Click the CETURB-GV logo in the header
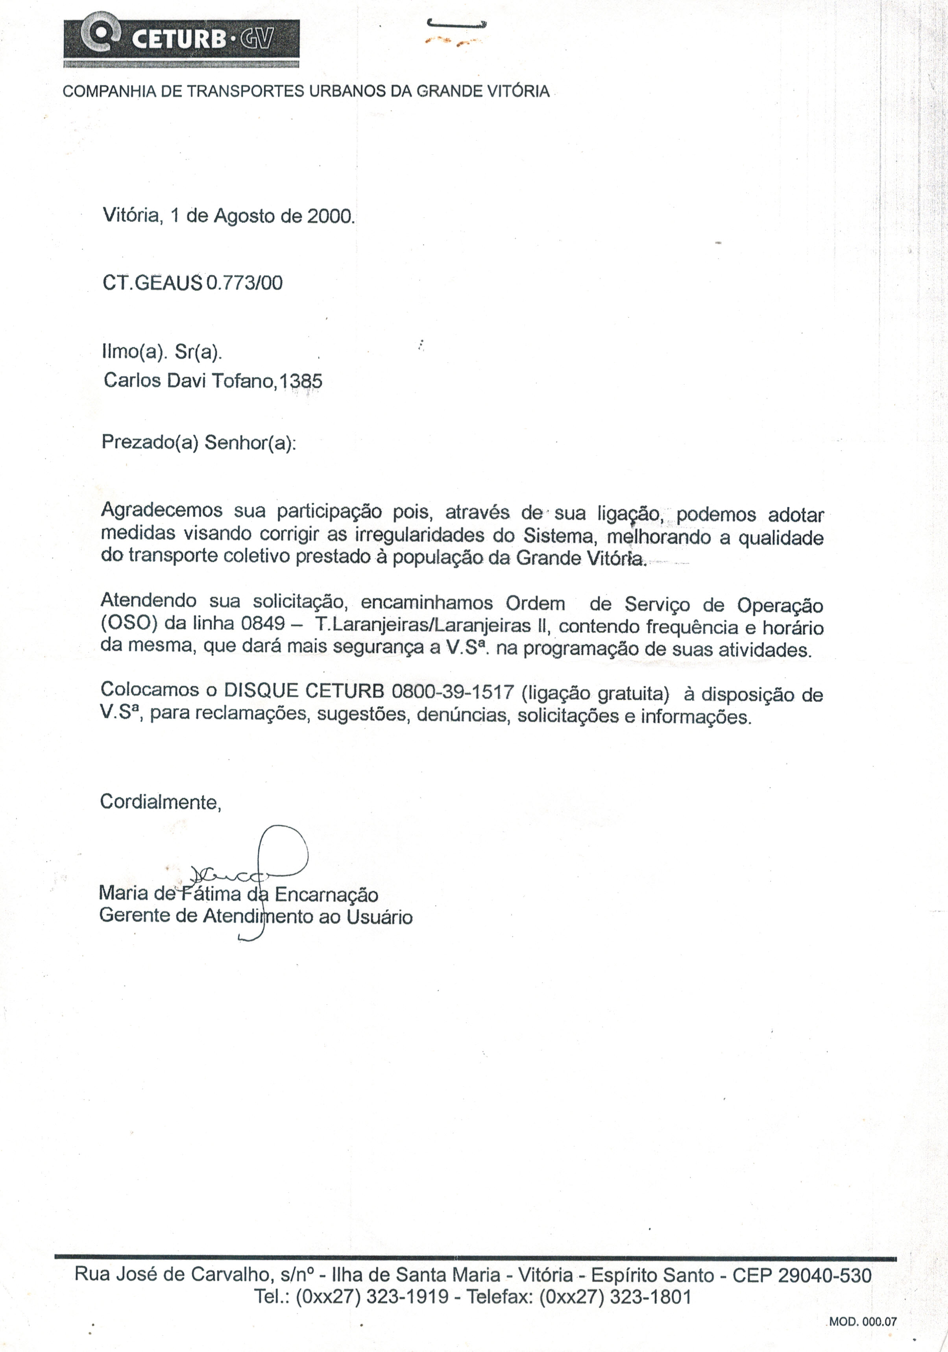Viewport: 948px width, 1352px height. coord(181,39)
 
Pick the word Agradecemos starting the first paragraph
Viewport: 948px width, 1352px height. coord(161,510)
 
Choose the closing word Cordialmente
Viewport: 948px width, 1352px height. coord(160,802)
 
